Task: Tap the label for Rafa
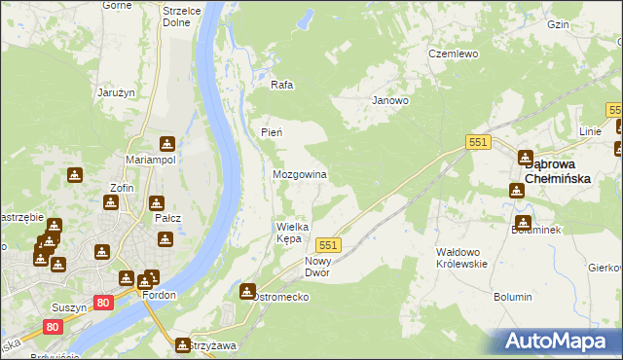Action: (282, 85)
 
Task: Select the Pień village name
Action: (272, 132)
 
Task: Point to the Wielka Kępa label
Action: (292, 232)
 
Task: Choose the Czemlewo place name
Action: (454, 54)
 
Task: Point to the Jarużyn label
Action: (115, 92)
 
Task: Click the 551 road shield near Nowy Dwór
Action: (328, 245)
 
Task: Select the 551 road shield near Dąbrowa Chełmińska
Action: (477, 142)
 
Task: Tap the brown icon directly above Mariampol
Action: (166, 143)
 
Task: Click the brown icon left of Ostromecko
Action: (247, 291)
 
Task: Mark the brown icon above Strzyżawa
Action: (182, 344)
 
